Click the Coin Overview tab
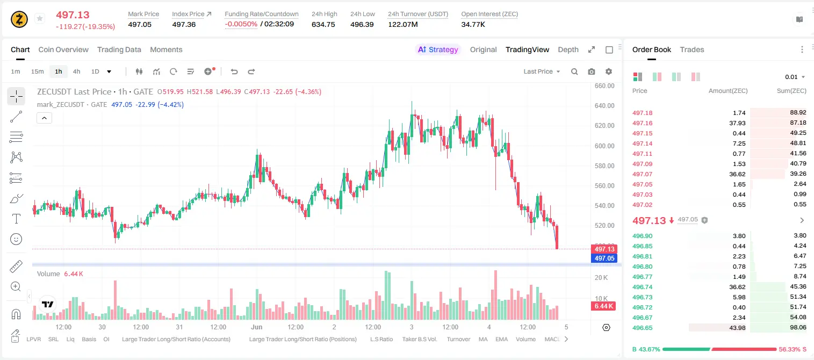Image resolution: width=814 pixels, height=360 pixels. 63,49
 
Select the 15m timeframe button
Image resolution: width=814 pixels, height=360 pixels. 37,71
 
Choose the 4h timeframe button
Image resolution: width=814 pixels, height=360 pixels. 76,71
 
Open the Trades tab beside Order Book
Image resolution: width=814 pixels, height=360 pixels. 692,49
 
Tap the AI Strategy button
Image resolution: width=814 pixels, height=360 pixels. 438,49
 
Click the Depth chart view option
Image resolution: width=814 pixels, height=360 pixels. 568,49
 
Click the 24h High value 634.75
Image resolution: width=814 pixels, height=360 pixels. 323,24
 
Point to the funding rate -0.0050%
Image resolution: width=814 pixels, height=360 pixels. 241,24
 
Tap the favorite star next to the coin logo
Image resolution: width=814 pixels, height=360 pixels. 40,18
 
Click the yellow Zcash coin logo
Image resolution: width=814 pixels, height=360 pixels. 19,19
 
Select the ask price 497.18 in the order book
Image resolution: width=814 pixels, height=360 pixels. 642,113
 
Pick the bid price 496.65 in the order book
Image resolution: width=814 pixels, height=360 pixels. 642,328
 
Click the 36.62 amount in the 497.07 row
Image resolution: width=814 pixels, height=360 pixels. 737,174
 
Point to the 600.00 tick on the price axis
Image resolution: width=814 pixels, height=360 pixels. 604,146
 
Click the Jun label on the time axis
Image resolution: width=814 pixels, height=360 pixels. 256,327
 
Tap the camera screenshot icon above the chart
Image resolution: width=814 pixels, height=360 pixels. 592,71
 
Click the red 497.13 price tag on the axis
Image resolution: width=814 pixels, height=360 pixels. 604,249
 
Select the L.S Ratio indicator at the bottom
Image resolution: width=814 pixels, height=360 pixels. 381,339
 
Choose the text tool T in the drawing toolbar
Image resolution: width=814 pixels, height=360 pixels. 16,219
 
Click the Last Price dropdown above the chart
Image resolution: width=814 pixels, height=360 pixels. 542,71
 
